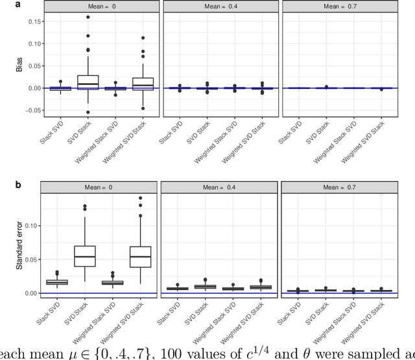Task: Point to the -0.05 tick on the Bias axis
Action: click(x=29, y=110)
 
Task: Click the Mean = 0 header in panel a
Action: click(x=98, y=6)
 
